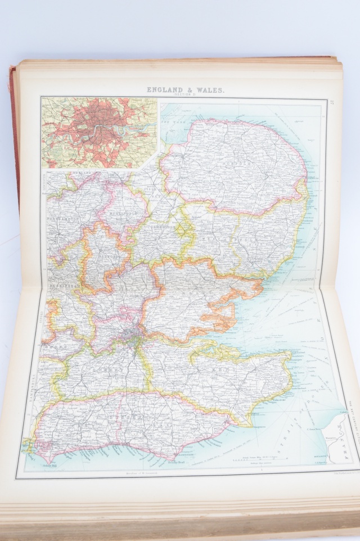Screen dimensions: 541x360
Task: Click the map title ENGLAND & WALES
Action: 186,89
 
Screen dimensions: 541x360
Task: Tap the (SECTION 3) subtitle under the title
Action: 186,95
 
